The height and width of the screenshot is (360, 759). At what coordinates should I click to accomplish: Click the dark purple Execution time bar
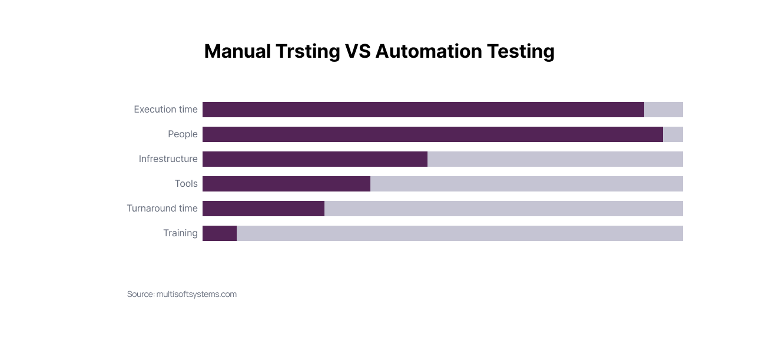point(423,110)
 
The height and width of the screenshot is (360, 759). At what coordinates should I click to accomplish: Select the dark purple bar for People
point(432,134)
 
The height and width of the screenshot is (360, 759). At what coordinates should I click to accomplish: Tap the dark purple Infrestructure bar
point(314,159)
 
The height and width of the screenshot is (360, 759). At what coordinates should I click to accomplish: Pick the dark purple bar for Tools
point(286,184)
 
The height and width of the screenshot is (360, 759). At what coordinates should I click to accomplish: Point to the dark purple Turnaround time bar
point(263,209)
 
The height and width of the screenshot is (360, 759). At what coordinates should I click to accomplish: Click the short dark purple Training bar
point(220,233)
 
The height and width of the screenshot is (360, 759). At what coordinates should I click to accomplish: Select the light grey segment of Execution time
point(663,110)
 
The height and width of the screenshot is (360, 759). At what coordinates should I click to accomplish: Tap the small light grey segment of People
point(672,134)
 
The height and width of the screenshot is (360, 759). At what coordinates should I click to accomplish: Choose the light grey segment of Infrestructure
point(555,159)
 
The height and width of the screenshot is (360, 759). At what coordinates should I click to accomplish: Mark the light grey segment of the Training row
point(459,233)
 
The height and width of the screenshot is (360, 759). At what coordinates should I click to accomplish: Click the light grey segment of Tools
point(526,184)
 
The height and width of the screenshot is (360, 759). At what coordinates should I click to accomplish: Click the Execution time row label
point(165,110)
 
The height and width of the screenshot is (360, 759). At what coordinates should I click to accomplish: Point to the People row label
point(183,134)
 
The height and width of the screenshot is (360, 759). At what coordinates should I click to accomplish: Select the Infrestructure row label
point(168,159)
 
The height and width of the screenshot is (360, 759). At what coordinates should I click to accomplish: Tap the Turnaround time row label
point(162,209)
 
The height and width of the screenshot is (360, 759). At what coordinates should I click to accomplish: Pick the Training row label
point(180,233)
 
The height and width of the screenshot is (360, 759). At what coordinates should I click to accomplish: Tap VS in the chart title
point(357,52)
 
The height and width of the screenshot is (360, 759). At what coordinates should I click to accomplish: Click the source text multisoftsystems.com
point(196,294)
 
